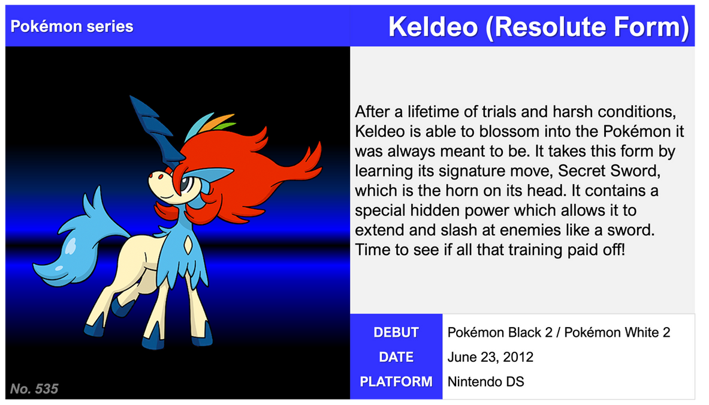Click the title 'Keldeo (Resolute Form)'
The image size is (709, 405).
538,27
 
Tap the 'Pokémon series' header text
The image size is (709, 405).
72,26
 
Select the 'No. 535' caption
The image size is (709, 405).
34,389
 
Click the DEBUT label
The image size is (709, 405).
396,332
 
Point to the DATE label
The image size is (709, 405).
396,357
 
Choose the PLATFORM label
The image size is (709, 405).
396,382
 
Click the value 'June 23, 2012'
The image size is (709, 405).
490,358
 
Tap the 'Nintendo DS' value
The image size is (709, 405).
485,382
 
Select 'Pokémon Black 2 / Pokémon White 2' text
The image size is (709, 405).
559,332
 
